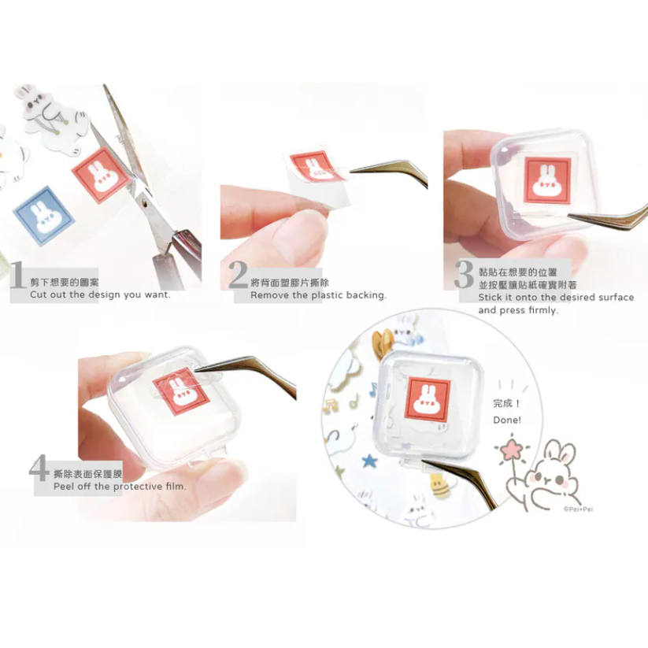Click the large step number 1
tap(17, 275)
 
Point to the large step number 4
tap(39, 468)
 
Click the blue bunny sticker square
tap(43, 215)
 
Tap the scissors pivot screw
tap(143, 203)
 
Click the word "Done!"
tap(507, 420)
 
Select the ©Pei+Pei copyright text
tap(578, 509)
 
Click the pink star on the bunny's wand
tap(511, 450)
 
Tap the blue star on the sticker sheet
tap(369, 460)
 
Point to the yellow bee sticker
tap(439, 486)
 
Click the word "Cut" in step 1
tap(38, 294)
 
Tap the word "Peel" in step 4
tap(64, 487)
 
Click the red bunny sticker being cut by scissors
tap(101, 176)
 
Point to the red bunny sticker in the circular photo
tap(428, 400)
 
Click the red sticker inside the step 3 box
tap(546, 181)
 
